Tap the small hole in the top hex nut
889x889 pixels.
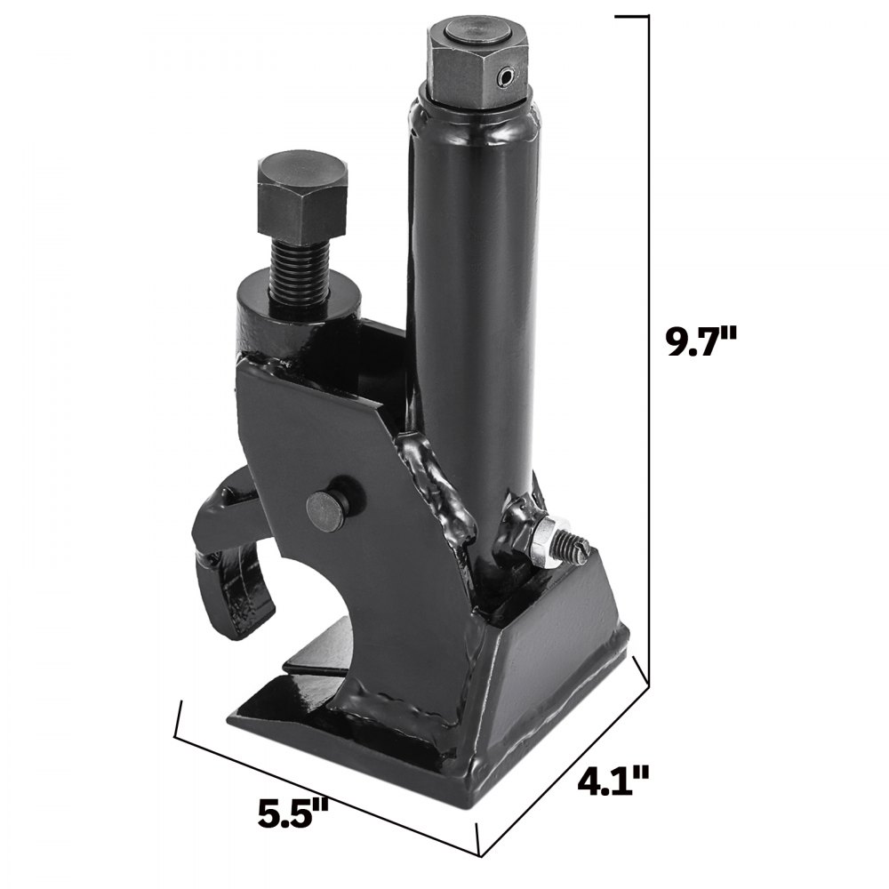(505, 78)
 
